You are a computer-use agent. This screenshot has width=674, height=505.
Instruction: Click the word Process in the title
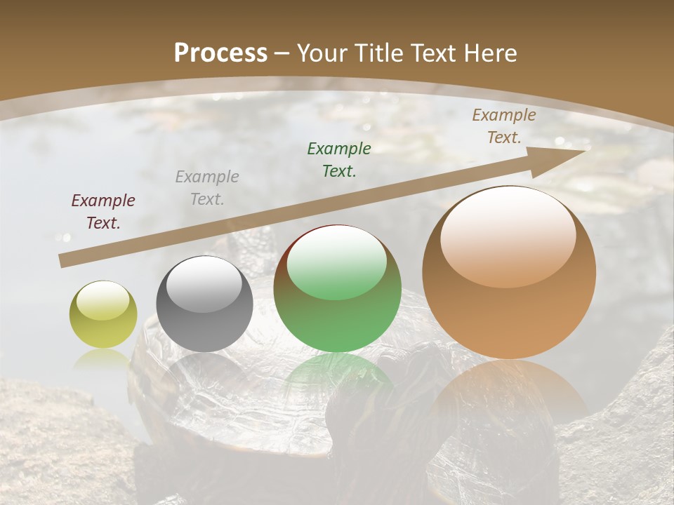220,53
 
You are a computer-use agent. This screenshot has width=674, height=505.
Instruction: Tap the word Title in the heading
370,53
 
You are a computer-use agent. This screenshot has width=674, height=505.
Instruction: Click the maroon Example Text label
103,212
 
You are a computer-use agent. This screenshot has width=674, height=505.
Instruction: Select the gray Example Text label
207,188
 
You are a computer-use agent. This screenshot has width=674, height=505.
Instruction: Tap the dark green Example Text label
339,159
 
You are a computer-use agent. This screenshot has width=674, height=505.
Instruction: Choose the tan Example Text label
504,126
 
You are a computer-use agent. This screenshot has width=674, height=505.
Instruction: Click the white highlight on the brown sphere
508,236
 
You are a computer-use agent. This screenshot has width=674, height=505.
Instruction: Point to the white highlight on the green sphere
337,262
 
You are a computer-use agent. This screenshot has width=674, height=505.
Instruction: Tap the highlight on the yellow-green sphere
103,300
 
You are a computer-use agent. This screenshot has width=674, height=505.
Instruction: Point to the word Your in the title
320,53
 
